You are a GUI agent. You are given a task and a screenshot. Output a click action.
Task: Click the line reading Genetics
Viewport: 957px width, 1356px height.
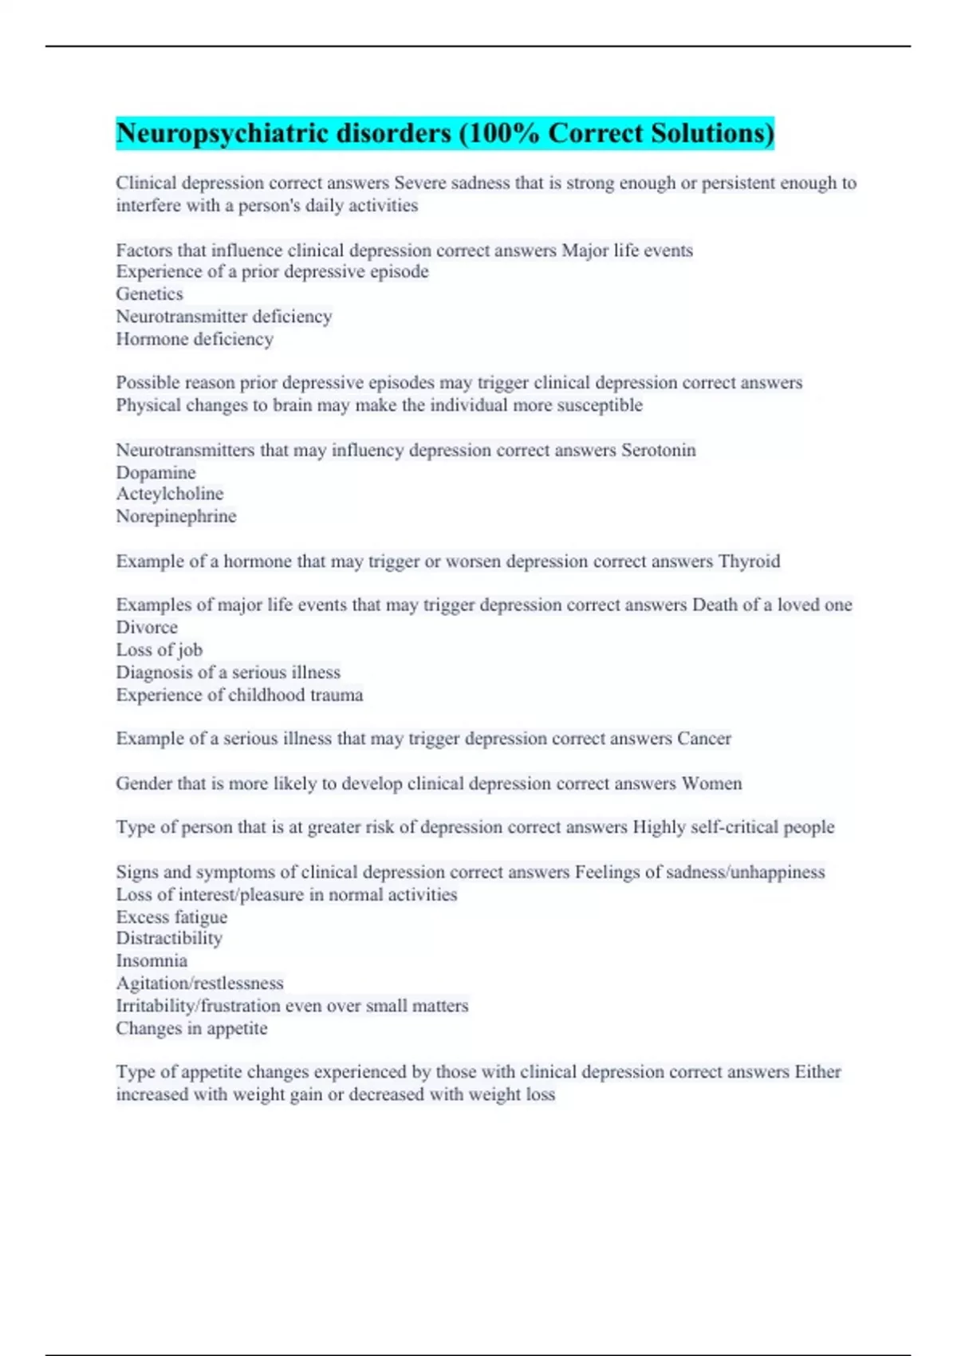coord(149,294)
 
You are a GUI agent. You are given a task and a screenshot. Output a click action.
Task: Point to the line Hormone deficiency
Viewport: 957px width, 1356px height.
coord(195,339)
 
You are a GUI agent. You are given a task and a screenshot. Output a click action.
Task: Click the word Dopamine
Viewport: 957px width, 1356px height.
coord(156,472)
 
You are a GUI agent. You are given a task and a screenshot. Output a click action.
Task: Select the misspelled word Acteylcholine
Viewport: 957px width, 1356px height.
coord(169,494)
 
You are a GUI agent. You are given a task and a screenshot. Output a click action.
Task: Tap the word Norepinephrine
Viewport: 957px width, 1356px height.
coord(176,516)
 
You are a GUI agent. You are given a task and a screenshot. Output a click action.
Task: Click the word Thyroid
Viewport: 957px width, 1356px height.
coord(749,561)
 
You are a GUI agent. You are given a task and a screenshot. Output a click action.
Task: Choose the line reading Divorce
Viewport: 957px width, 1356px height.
coord(147,627)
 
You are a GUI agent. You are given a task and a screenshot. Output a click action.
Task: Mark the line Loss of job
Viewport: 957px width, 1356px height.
coord(159,649)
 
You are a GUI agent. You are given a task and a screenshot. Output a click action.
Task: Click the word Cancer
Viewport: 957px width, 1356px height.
coord(703,739)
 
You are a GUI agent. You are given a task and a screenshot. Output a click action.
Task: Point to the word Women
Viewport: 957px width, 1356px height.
coord(711,783)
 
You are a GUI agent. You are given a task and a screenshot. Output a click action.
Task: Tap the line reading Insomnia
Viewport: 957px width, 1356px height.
coord(152,960)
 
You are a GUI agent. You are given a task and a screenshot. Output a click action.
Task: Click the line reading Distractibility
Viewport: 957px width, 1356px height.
coord(169,938)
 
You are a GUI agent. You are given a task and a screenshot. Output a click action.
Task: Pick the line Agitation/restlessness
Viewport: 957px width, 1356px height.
coord(199,983)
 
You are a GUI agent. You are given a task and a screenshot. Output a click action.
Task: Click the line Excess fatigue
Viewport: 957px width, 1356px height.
coord(171,916)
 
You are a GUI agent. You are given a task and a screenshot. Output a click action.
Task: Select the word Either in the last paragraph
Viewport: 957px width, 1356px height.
coord(817,1071)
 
